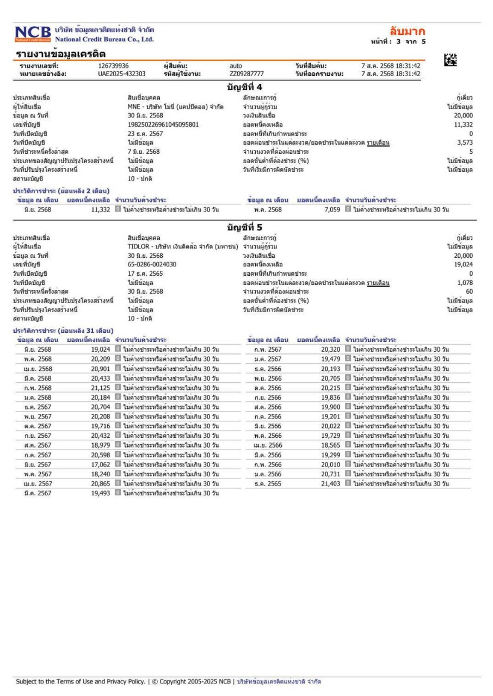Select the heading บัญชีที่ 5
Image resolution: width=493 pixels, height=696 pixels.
coord(245,227)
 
